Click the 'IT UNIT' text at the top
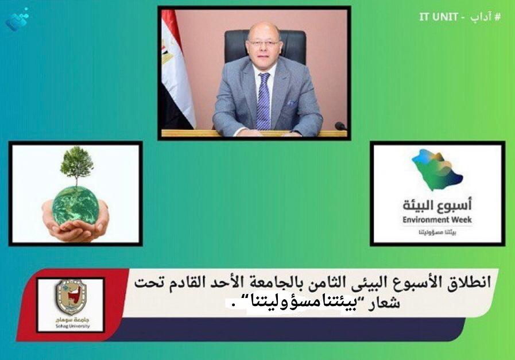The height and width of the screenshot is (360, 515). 438,17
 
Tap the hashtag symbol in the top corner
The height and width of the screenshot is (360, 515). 497,17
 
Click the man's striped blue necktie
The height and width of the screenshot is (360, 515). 264,100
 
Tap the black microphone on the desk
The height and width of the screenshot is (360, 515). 340,126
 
